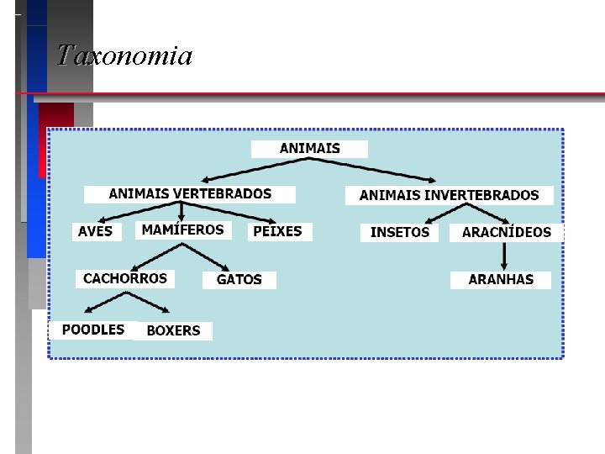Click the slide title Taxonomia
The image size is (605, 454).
(124, 56)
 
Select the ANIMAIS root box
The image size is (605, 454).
(309, 149)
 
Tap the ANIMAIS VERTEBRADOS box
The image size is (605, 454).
(190, 194)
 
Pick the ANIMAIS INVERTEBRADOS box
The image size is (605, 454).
(449, 195)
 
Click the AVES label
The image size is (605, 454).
(95, 231)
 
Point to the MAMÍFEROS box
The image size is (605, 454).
(182, 230)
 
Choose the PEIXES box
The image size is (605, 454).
(278, 231)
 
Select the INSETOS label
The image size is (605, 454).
(400, 232)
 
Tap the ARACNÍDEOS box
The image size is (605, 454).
(506, 232)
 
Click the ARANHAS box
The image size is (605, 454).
(501, 280)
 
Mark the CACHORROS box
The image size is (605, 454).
(125, 278)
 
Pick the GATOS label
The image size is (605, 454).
(239, 280)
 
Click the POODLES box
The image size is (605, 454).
(92, 330)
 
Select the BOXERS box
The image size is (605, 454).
(173, 330)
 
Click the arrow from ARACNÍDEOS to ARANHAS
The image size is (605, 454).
(503, 256)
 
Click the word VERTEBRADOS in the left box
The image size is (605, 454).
(223, 194)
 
